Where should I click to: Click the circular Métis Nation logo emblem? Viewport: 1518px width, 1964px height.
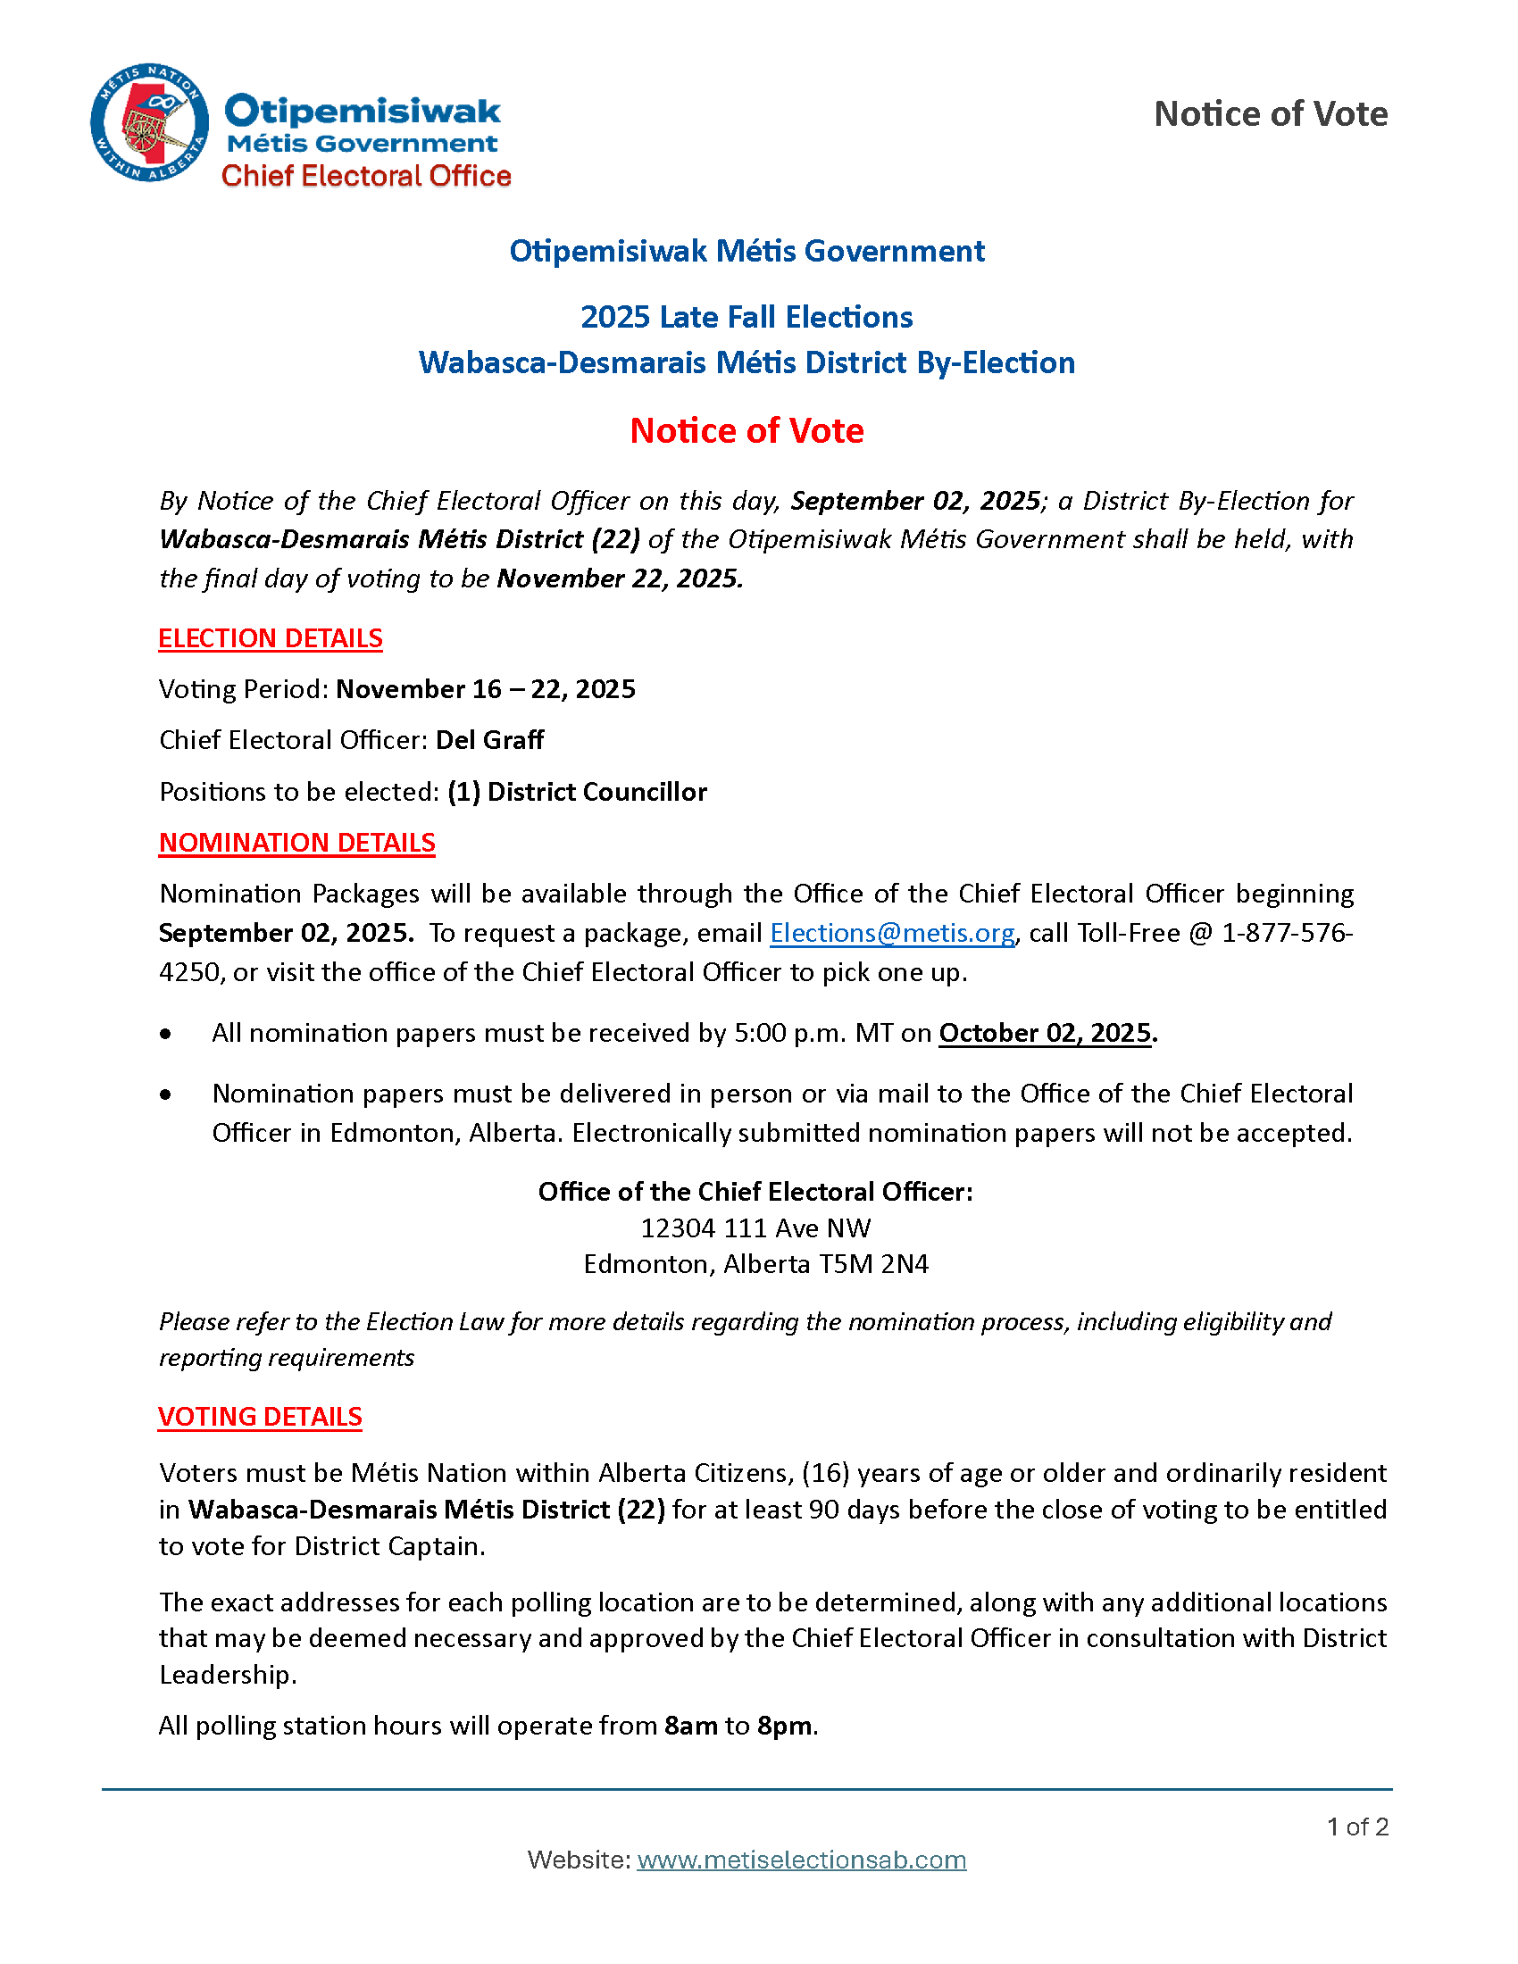(x=149, y=123)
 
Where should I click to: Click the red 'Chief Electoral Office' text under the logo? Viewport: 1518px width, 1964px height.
(x=366, y=176)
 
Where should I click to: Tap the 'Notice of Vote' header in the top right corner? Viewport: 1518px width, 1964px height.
(x=1270, y=114)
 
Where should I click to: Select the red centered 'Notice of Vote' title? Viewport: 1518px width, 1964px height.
(x=746, y=431)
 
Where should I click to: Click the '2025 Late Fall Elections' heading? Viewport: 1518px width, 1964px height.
(x=746, y=318)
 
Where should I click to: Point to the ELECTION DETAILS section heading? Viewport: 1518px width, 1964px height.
(x=271, y=638)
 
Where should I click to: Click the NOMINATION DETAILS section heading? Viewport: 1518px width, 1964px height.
(x=296, y=843)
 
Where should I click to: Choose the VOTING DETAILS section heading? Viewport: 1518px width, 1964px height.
(x=260, y=1417)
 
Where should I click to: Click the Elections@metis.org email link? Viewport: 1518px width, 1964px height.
(x=892, y=934)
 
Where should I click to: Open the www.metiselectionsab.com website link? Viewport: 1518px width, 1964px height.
(x=801, y=1860)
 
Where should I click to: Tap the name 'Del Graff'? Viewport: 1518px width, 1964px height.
(x=490, y=740)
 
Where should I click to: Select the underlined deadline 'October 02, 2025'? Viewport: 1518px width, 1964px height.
(x=1045, y=1033)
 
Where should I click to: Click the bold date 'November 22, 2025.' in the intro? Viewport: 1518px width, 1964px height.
(x=621, y=578)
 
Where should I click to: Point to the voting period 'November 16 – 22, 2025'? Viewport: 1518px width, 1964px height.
(x=486, y=690)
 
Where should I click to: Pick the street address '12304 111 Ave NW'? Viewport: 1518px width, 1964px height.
(x=755, y=1228)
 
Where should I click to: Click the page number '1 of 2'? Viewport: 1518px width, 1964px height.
(x=1357, y=1827)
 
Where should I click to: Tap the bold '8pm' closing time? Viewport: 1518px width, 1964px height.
(x=784, y=1726)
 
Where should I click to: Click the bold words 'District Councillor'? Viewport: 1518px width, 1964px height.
(x=597, y=792)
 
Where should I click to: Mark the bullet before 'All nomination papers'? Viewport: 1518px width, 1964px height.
(x=165, y=1034)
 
